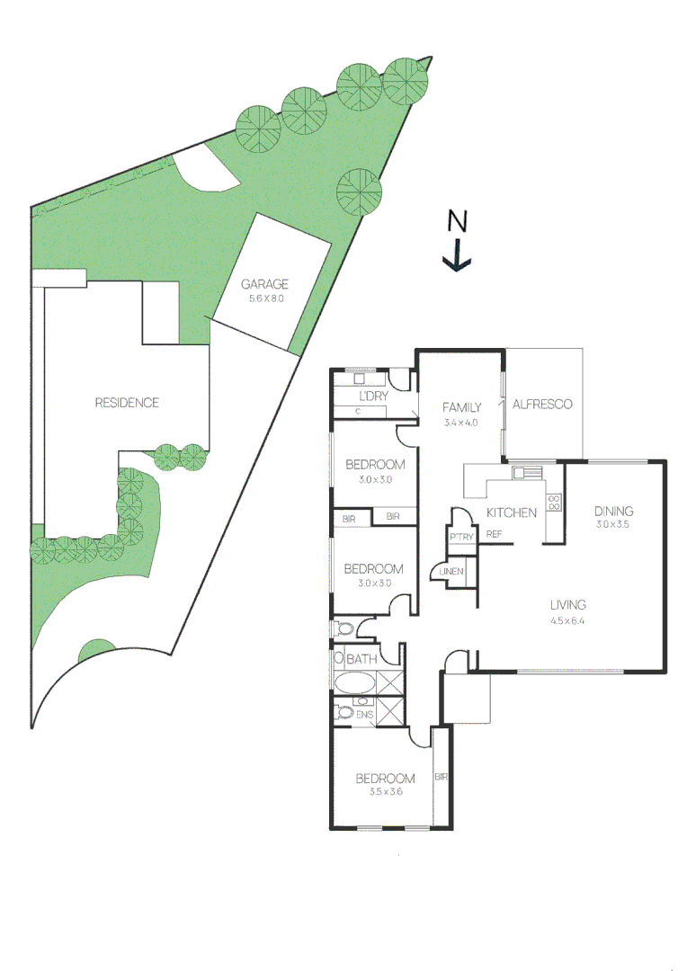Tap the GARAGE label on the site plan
coord(264,284)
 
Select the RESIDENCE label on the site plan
coord(127,403)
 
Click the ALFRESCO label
coord(542,405)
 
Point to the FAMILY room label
coord(462,407)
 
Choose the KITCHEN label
coord(512,512)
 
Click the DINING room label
coord(614,511)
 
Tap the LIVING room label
coord(568,604)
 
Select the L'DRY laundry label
coord(372,396)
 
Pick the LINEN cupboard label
coord(451,571)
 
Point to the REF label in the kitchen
coord(494,535)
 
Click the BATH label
coord(361,660)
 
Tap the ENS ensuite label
coord(363,715)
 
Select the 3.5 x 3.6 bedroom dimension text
coord(385,792)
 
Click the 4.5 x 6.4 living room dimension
coord(568,620)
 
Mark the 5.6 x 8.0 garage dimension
coord(265,298)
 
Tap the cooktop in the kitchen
coord(555,502)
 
